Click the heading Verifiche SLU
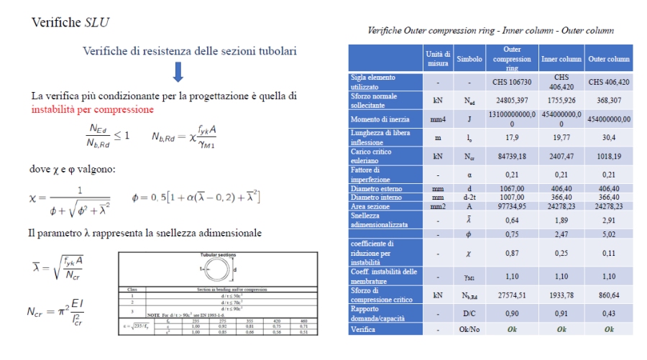pyautogui.click(x=70, y=22)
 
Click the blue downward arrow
pyautogui.click(x=178, y=73)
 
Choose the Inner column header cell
pyautogui.click(x=561, y=58)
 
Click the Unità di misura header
pyautogui.click(x=438, y=58)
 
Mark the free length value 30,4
pyautogui.click(x=608, y=136)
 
